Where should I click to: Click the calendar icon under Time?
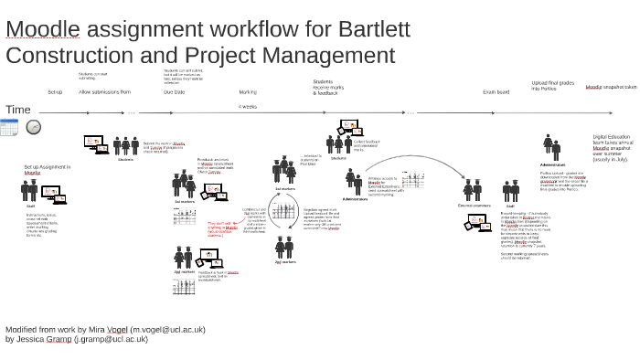coord(10,128)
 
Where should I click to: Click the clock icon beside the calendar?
coord(33,127)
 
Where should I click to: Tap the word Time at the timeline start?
coord(18,110)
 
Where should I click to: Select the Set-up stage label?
coord(55,92)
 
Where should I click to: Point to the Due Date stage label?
coord(174,92)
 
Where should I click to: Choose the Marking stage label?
coord(248,92)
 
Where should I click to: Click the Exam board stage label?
coord(496,92)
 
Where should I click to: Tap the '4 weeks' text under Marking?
coord(248,106)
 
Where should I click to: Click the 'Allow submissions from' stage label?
coord(105,92)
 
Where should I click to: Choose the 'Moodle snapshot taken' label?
coord(612,87)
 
